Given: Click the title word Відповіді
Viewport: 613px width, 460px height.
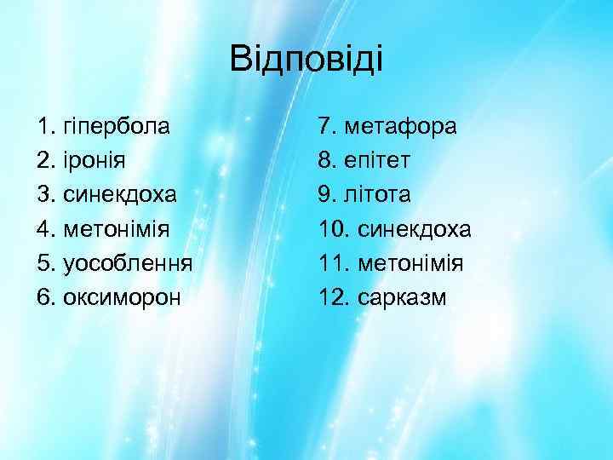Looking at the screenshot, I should click(x=307, y=60).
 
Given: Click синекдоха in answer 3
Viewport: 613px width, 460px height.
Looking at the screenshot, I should click(x=120, y=195).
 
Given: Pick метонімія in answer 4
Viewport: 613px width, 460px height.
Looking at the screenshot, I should click(x=117, y=229).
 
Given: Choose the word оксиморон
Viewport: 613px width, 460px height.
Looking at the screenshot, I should click(x=121, y=297).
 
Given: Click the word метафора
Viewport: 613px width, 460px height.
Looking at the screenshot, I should click(x=399, y=127).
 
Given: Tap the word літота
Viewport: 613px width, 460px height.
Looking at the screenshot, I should click(x=376, y=195).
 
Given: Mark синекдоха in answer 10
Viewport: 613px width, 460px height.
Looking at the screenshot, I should click(x=415, y=229).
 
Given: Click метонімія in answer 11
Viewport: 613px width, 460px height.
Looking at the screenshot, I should click(x=410, y=263).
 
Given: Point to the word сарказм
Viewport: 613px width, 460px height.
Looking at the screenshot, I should click(x=402, y=297).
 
